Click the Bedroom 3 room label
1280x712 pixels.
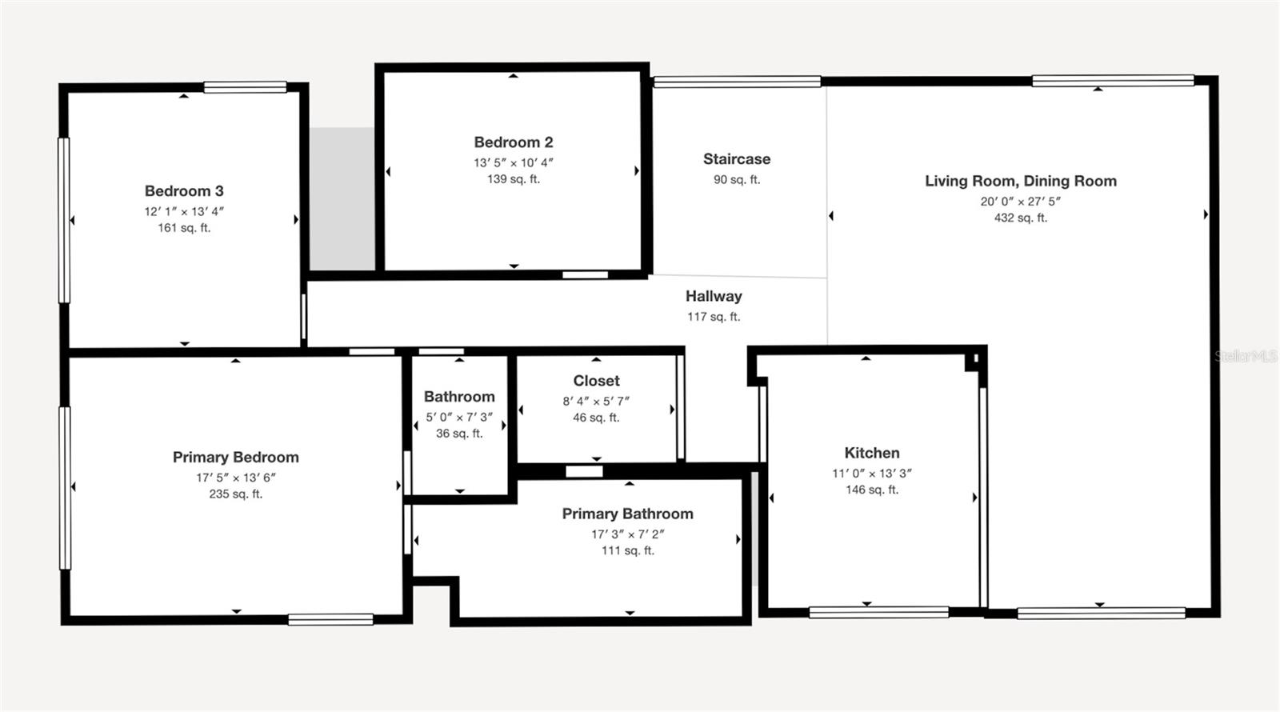click(184, 191)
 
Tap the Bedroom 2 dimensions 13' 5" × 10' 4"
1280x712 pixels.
click(514, 162)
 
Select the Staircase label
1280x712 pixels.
click(737, 159)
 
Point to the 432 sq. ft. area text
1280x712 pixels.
click(1020, 218)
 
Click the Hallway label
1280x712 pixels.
click(714, 296)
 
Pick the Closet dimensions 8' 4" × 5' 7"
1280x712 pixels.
click(596, 401)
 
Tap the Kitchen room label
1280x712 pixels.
click(872, 453)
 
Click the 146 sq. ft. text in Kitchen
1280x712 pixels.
click(872, 490)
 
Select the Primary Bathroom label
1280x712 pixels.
click(627, 514)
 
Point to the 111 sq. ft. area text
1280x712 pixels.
click(627, 550)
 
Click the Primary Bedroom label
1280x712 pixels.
click(236, 458)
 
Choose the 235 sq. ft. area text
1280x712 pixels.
click(236, 494)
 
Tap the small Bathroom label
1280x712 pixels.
click(459, 397)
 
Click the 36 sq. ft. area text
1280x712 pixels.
click(459, 434)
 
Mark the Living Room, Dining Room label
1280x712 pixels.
click(1021, 181)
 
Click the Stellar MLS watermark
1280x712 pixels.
click(1246, 356)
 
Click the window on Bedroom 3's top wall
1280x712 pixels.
click(245, 87)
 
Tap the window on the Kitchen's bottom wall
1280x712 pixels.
click(878, 612)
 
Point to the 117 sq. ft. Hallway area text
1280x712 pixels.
click(714, 317)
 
